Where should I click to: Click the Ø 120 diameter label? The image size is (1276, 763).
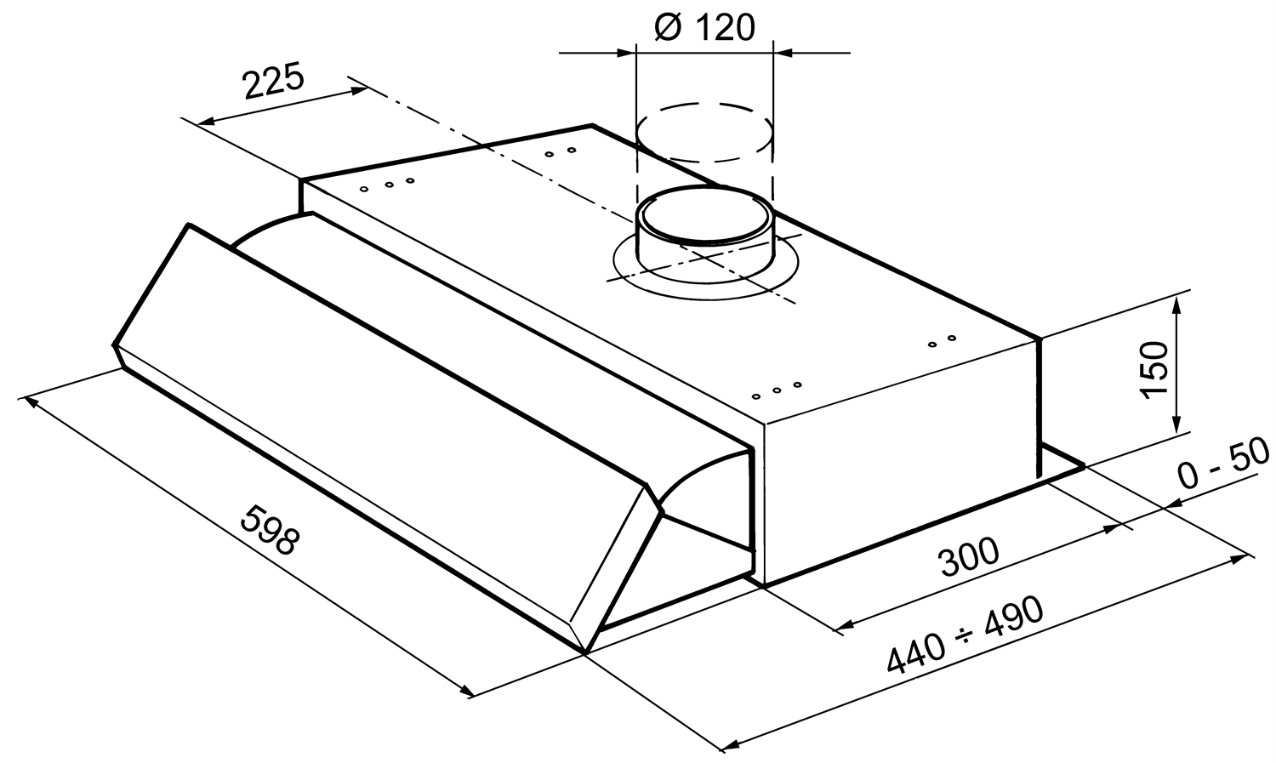704,27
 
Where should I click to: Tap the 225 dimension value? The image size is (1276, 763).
273,82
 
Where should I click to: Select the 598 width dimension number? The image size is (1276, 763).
270,530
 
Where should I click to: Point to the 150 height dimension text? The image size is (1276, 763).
1153,370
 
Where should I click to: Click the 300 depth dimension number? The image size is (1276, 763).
969,556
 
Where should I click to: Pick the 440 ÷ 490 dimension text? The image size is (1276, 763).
965,635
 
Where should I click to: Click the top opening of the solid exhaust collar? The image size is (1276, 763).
704,214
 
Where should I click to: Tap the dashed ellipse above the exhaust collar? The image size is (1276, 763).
704,133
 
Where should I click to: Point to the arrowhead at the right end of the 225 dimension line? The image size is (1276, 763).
358,90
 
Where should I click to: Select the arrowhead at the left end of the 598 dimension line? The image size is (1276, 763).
32,402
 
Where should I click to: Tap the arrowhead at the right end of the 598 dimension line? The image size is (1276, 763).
465,691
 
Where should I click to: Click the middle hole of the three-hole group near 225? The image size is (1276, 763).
390,185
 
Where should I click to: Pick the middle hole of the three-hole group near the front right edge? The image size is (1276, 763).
777,390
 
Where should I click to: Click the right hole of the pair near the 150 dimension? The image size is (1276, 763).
951,338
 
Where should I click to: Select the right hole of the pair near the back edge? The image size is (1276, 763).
572,151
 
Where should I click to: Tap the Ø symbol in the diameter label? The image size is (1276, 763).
668,27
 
